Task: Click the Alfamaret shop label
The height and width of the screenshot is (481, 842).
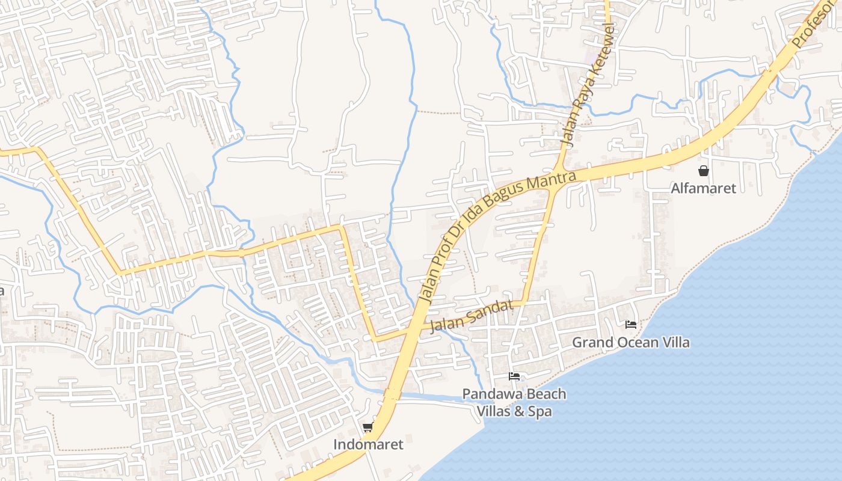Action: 703,188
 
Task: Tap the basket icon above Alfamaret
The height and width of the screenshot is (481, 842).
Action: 703,171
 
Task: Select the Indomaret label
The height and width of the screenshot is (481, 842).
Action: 368,445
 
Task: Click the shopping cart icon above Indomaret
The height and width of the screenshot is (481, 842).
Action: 368,427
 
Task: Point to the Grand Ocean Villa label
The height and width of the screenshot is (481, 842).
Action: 630,343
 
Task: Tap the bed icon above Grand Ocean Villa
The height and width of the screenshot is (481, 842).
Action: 630,325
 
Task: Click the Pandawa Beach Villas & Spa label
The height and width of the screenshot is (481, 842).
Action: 514,403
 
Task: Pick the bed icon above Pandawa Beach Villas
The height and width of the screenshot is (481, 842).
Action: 514,376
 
